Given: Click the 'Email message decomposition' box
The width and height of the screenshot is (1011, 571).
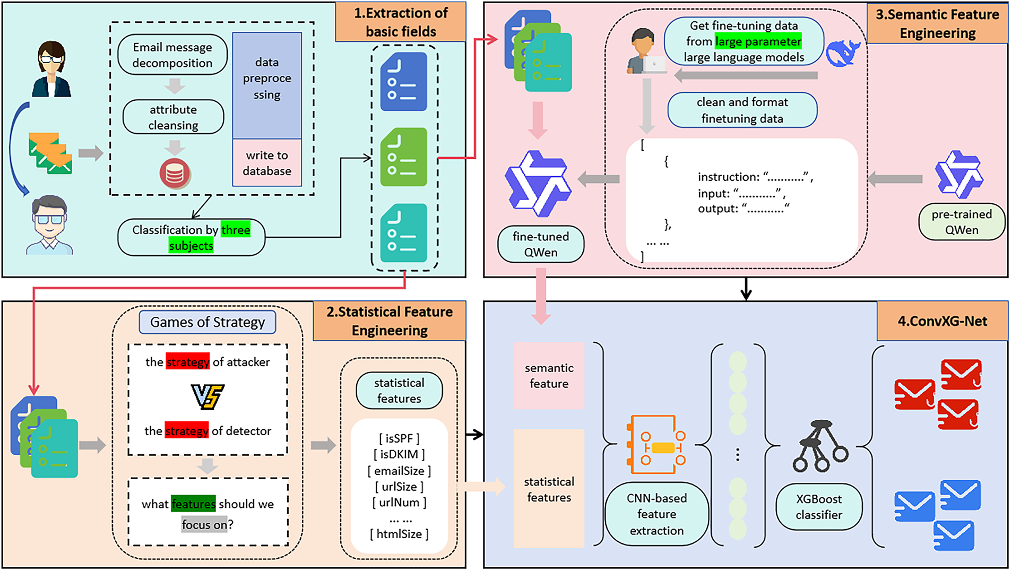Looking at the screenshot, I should click(172, 55).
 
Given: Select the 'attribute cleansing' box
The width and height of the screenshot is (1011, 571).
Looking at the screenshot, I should click(173, 117).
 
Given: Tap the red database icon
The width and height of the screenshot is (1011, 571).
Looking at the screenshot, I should click(175, 173).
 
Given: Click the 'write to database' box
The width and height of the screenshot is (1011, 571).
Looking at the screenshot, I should click(267, 163).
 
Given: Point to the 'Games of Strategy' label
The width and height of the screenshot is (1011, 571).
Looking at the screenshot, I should click(208, 322).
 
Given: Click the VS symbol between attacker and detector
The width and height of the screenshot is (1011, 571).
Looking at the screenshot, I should click(208, 396).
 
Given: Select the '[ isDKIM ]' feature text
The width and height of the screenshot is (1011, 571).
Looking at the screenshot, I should click(399, 454).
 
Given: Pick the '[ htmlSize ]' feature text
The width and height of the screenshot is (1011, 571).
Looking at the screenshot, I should click(399, 534).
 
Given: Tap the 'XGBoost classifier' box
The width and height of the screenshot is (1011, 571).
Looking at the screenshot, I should click(819, 507).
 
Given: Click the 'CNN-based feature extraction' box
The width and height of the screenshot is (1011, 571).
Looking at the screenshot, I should click(656, 514).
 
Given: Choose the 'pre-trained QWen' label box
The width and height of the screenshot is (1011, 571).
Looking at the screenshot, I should click(961, 222).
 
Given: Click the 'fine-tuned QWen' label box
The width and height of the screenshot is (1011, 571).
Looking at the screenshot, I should click(541, 244).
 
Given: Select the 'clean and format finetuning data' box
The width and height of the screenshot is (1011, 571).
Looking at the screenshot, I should click(742, 110).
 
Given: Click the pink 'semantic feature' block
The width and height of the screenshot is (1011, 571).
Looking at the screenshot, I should click(549, 376).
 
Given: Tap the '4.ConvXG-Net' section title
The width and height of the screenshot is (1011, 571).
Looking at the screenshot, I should click(942, 321).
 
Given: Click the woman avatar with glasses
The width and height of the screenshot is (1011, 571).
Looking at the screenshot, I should click(51, 70).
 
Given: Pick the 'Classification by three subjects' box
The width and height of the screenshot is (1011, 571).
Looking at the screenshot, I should click(191, 237).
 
